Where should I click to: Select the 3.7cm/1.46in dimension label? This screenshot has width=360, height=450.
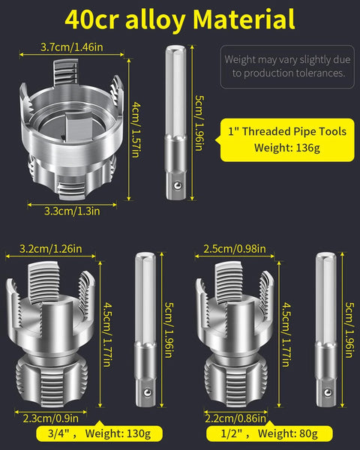[73, 48]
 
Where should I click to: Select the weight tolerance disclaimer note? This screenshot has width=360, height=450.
[287, 65]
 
